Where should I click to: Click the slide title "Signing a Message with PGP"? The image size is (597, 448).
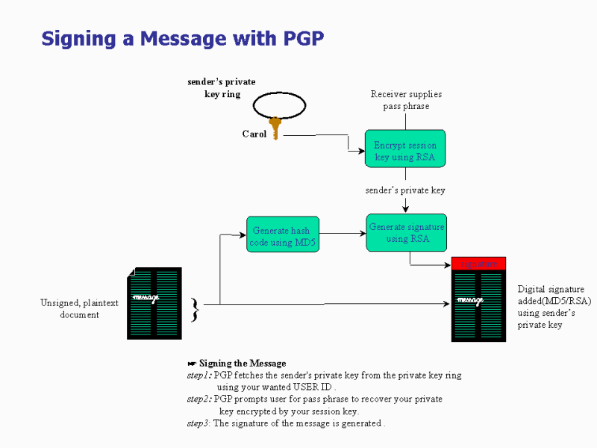click(183, 38)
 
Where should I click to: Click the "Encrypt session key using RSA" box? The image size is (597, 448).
click(405, 148)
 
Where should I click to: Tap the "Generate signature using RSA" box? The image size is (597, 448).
click(406, 232)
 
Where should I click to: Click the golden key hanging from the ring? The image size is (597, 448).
click(275, 128)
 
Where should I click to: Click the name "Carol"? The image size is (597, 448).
click(254, 134)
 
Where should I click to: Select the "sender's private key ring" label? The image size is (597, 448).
click(221, 88)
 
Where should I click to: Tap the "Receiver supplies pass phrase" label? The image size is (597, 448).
click(406, 100)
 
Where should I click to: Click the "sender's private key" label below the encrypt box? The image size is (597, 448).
click(405, 190)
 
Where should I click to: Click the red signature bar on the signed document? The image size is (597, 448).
click(478, 264)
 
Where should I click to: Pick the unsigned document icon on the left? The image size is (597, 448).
click(154, 303)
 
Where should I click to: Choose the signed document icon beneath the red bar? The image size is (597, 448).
click(478, 305)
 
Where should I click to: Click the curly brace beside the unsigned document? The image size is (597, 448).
click(195, 309)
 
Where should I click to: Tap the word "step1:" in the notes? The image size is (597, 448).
click(199, 376)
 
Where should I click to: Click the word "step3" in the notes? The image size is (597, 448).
click(199, 423)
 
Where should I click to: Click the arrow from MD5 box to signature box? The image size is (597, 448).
click(343, 234)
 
